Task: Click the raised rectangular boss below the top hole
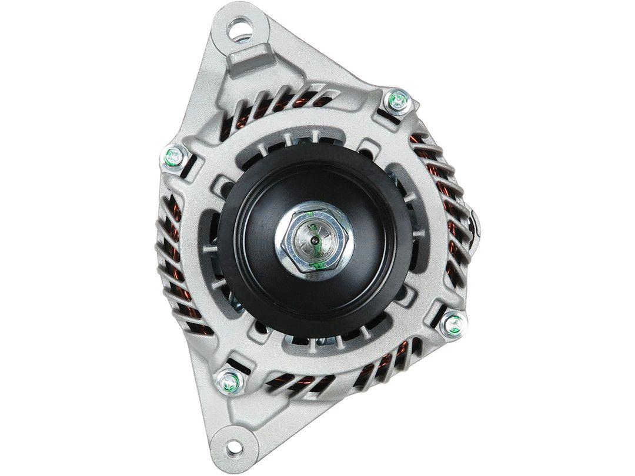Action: (250, 59)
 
